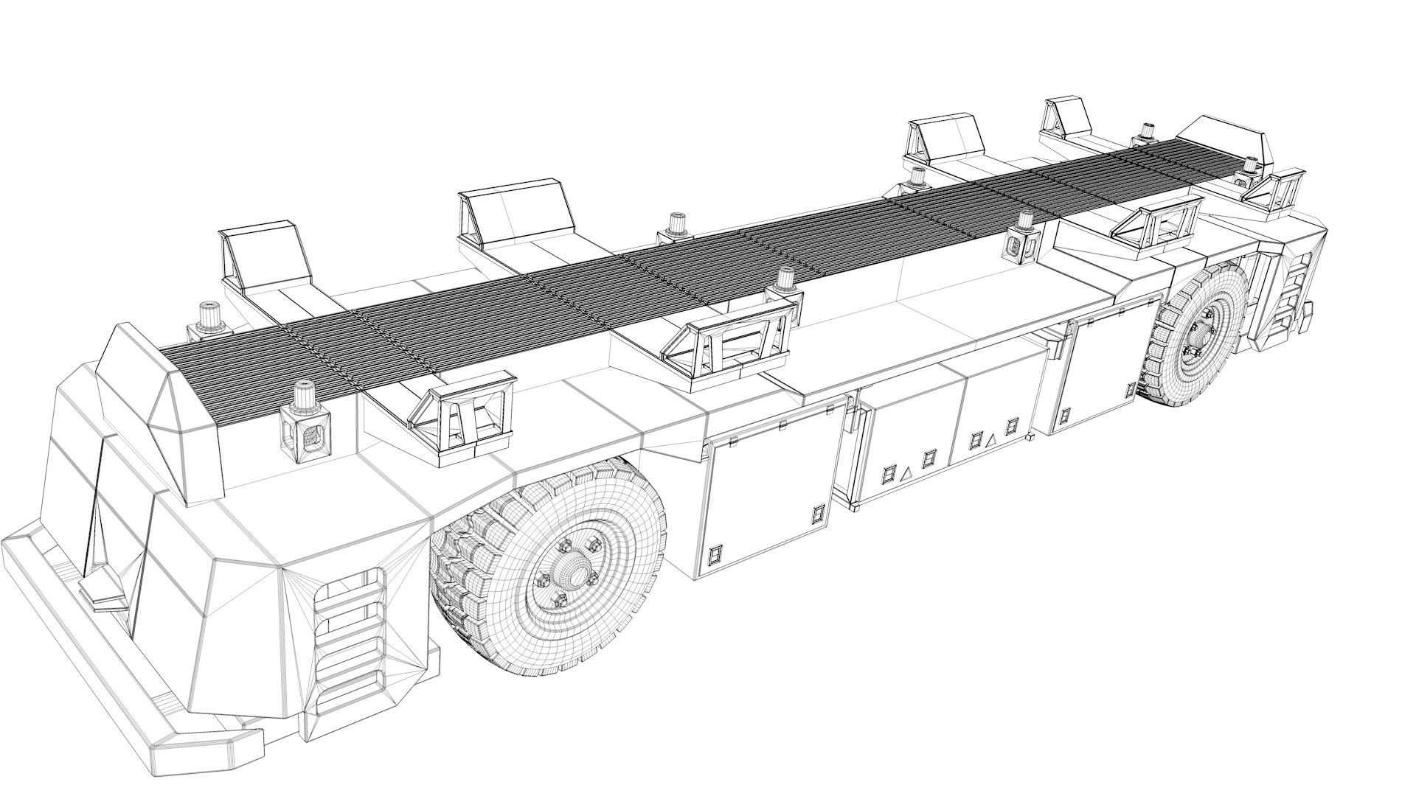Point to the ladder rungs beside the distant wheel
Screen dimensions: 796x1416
click(1296, 295)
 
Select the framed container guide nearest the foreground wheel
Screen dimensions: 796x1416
click(465, 416)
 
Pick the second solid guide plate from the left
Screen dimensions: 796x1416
click(516, 214)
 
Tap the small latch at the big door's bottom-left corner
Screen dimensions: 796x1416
click(714, 554)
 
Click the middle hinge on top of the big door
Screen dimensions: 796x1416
click(782, 425)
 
